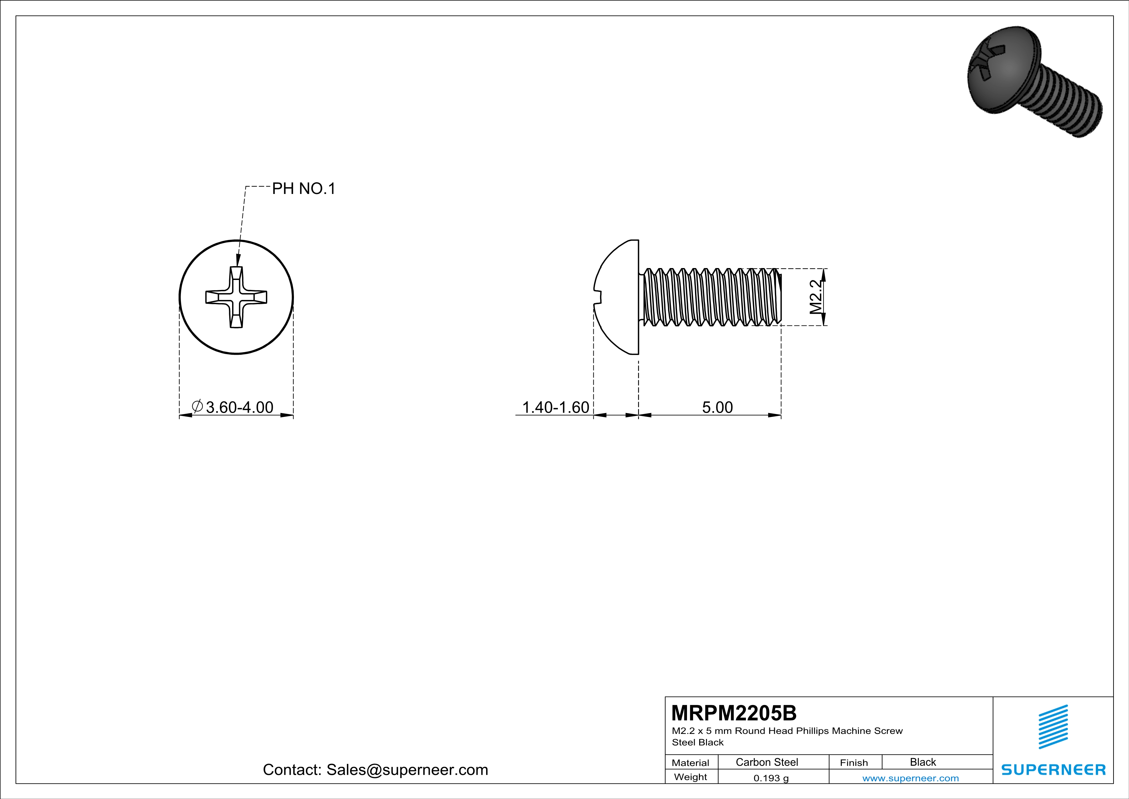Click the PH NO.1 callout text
pyautogui.click(x=303, y=188)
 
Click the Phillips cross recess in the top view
pyautogui.click(x=236, y=297)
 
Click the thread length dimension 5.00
pyautogui.click(x=717, y=407)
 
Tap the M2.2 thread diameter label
pyautogui.click(x=815, y=297)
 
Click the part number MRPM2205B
pyautogui.click(x=734, y=713)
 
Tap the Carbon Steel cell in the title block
pyautogui.click(x=767, y=762)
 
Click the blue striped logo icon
pyautogui.click(x=1053, y=727)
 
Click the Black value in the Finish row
pyautogui.click(x=922, y=762)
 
